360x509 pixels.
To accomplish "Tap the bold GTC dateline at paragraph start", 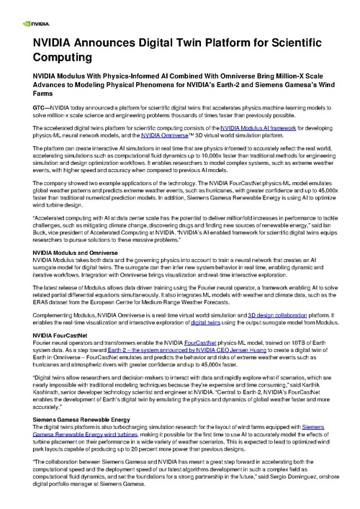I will tap(33, 106).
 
